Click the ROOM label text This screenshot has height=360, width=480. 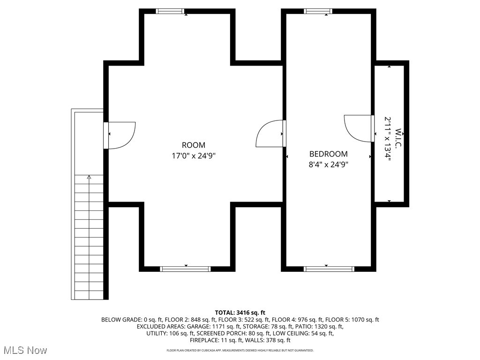(x=193, y=145)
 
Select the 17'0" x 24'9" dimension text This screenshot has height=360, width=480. (x=193, y=156)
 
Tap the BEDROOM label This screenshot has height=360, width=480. (x=328, y=154)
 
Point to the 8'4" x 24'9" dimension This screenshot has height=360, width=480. (x=328, y=164)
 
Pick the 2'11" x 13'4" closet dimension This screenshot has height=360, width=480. (x=388, y=139)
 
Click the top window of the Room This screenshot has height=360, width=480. (x=170, y=11)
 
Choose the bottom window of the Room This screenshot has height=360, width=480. (x=185, y=269)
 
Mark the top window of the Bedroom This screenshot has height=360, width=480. (x=318, y=11)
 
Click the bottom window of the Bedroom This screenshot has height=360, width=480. (x=329, y=269)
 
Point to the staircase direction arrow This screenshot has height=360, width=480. (x=89, y=177)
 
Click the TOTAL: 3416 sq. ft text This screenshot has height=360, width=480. (x=240, y=312)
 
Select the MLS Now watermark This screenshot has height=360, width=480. (x=25, y=350)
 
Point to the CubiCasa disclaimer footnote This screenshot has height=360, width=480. (x=240, y=350)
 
